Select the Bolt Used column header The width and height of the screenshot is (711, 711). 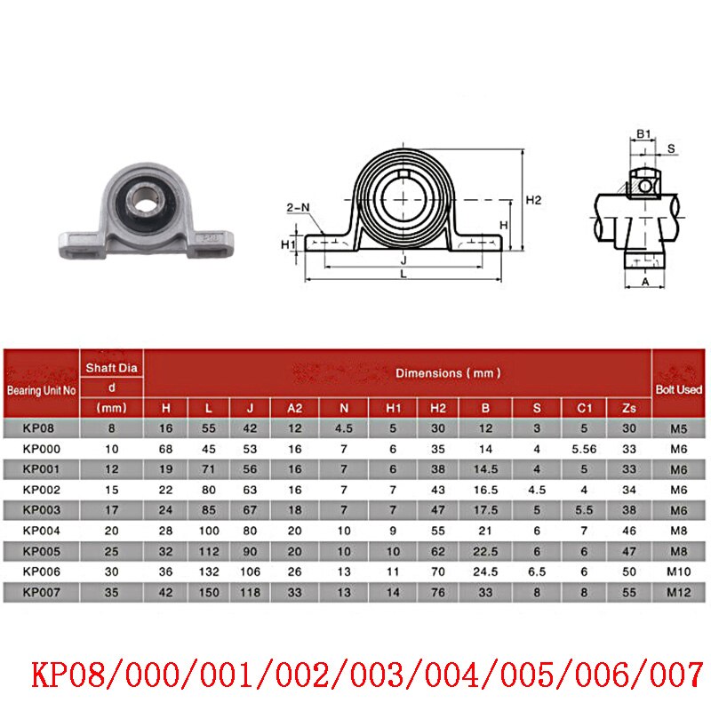point(680,389)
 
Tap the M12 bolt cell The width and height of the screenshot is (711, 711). point(680,592)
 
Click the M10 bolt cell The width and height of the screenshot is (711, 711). point(680,571)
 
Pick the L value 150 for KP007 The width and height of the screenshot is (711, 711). point(208,592)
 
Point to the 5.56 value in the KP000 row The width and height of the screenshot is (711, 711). point(584,449)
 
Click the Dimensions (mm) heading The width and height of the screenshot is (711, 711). point(447,373)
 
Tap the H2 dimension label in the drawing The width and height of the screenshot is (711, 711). point(532,200)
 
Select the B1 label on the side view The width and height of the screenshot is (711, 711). point(643,134)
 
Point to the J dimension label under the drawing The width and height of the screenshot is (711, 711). point(403,261)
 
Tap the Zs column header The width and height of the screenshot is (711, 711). point(629,408)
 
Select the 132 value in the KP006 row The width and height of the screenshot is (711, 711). point(208,571)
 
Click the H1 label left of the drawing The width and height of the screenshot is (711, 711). point(287,244)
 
